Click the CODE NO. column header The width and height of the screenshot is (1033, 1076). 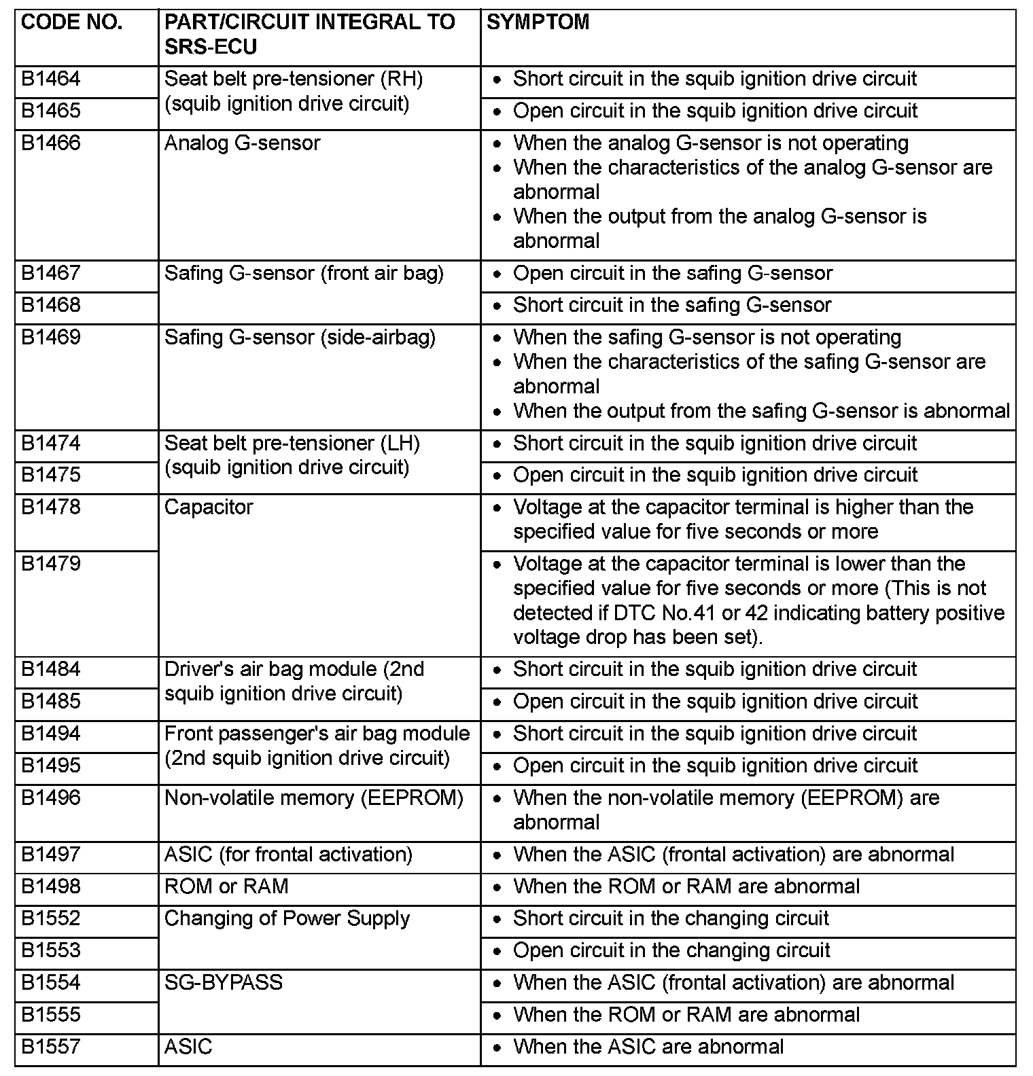(71, 22)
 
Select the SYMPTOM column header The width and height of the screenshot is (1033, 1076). (538, 22)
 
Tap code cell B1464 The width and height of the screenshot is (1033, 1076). (51, 79)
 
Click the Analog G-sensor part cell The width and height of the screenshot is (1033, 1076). (242, 143)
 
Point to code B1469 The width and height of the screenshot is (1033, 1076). (51, 338)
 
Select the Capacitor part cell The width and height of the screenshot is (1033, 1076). (209, 507)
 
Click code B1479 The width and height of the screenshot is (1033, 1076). (51, 564)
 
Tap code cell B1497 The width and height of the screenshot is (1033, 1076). (51, 855)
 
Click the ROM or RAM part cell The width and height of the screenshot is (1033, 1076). (226, 886)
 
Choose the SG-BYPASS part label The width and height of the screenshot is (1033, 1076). (223, 983)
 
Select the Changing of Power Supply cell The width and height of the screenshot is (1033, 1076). (287, 918)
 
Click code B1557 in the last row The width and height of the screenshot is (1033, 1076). (51, 1047)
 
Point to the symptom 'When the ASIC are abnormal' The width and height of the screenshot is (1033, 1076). (648, 1047)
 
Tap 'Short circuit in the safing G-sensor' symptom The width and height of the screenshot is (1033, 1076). (671, 305)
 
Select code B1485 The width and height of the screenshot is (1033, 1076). (51, 701)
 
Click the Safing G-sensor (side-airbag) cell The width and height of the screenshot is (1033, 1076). (300, 338)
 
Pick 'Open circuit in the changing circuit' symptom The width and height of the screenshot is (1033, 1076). (671, 950)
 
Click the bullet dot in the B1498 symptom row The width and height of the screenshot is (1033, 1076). (499, 888)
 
